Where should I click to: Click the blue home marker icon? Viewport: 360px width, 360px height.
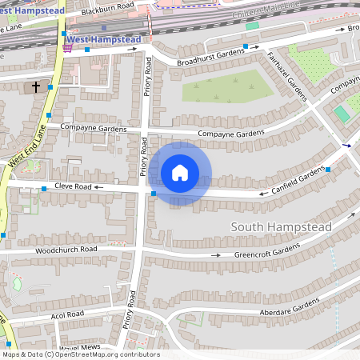point(180,173)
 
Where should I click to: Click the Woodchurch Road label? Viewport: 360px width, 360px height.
point(66,250)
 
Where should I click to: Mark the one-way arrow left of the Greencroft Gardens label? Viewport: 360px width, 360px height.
point(216,255)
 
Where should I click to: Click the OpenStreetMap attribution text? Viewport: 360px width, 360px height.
point(81,354)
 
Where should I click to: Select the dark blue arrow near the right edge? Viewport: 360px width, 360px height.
point(346,146)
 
